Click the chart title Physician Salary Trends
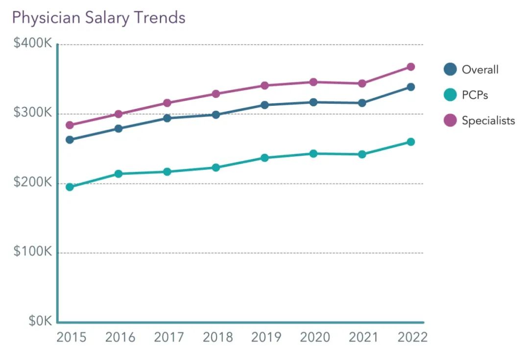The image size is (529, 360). [98, 18]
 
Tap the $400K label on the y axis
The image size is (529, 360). [33, 44]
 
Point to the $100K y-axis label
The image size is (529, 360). [33, 252]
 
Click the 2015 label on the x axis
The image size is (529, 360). [71, 337]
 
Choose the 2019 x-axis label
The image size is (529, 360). [266, 337]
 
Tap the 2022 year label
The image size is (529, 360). [412, 337]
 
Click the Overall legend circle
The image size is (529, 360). [450, 69]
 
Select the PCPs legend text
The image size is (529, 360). [475, 95]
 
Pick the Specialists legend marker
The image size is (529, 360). [450, 120]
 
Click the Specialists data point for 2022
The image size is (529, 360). [410, 67]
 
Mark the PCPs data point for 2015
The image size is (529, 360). [70, 187]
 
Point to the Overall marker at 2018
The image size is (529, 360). [216, 115]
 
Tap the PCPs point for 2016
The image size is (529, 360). [118, 173]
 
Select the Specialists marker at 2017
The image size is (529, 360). [167, 103]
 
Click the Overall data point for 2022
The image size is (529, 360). [410, 87]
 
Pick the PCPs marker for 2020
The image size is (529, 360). [313, 153]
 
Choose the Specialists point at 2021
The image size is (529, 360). [362, 83]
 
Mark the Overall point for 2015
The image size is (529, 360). [70, 140]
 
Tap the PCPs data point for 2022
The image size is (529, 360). [410, 142]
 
